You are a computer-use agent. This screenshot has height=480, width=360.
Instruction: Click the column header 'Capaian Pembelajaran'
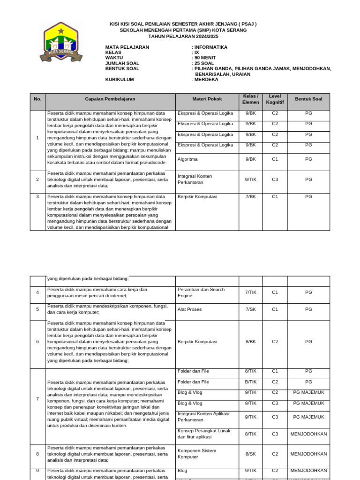[x=110, y=99]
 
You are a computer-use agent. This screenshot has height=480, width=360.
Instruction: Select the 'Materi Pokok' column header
[x=207, y=99]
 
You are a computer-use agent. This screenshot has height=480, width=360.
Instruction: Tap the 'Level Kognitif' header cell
[x=275, y=99]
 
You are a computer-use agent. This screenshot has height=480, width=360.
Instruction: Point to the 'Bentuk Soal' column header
[x=308, y=99]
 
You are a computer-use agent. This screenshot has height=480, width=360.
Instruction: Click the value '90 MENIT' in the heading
[x=205, y=58]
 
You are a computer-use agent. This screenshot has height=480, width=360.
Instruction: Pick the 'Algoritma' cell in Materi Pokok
[x=187, y=159]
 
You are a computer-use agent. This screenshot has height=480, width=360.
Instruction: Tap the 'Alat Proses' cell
[x=189, y=309]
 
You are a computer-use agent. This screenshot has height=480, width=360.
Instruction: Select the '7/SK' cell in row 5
[x=251, y=309]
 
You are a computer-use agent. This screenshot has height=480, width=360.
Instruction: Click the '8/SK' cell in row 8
[x=251, y=454]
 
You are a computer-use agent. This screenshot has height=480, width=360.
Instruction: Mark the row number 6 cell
[x=37, y=342]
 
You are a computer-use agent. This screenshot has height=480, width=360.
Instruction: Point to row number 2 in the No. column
[x=37, y=180]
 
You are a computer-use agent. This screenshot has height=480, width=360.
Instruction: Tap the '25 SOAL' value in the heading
[x=204, y=63]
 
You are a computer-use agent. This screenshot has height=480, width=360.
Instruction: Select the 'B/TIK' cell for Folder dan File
[x=251, y=382]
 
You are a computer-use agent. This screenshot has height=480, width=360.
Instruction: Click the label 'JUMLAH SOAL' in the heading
[x=122, y=63]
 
